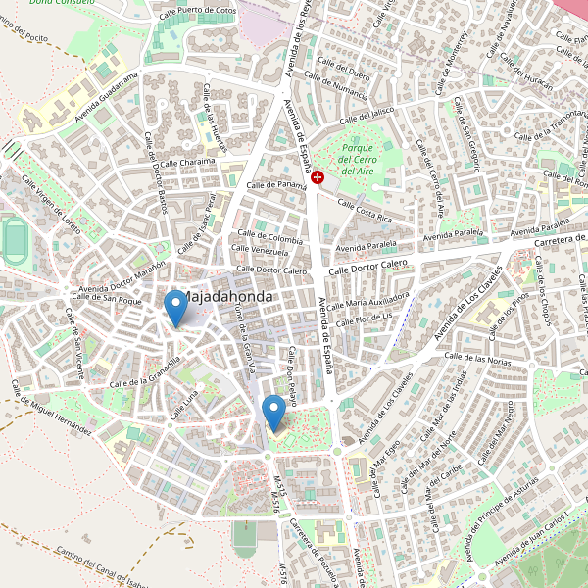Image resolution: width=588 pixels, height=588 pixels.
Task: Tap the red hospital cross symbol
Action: click(318, 176)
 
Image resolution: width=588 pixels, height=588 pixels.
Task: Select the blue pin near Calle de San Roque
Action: click(175, 308)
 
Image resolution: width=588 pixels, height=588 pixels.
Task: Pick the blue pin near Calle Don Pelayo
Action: click(274, 412)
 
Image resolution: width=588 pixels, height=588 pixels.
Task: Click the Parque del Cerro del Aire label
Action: click(358, 159)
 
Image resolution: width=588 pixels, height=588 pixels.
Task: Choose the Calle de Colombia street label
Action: click(269, 239)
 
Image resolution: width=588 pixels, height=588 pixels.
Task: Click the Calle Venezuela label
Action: click(264, 252)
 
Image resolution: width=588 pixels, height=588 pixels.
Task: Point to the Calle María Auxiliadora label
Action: click(369, 300)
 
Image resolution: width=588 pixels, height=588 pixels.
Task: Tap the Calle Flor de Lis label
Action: click(364, 318)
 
